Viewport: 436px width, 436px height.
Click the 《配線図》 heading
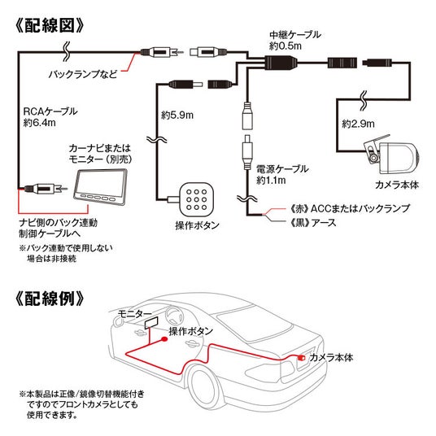click(50, 25)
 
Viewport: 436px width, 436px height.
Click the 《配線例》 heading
click(50, 299)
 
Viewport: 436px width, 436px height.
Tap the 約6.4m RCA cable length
click(40, 122)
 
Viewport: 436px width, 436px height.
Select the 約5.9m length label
click(177, 115)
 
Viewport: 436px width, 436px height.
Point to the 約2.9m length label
click(359, 124)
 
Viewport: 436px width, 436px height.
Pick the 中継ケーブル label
click(295, 35)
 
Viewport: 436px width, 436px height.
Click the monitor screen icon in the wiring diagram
click(101, 187)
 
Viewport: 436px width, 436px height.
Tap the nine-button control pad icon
click(197, 199)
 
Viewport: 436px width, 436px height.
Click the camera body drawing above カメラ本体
click(392, 155)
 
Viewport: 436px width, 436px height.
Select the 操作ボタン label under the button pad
click(197, 225)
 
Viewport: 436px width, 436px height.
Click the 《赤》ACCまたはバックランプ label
click(349, 208)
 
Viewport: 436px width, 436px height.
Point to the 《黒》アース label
click(312, 222)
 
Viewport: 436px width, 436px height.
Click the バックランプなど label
click(83, 74)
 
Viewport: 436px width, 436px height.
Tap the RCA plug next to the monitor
click(46, 189)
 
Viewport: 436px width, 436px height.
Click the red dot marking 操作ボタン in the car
click(164, 339)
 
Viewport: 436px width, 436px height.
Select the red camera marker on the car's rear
click(301, 358)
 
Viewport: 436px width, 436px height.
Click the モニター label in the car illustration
click(134, 314)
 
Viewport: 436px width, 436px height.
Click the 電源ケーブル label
click(282, 168)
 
